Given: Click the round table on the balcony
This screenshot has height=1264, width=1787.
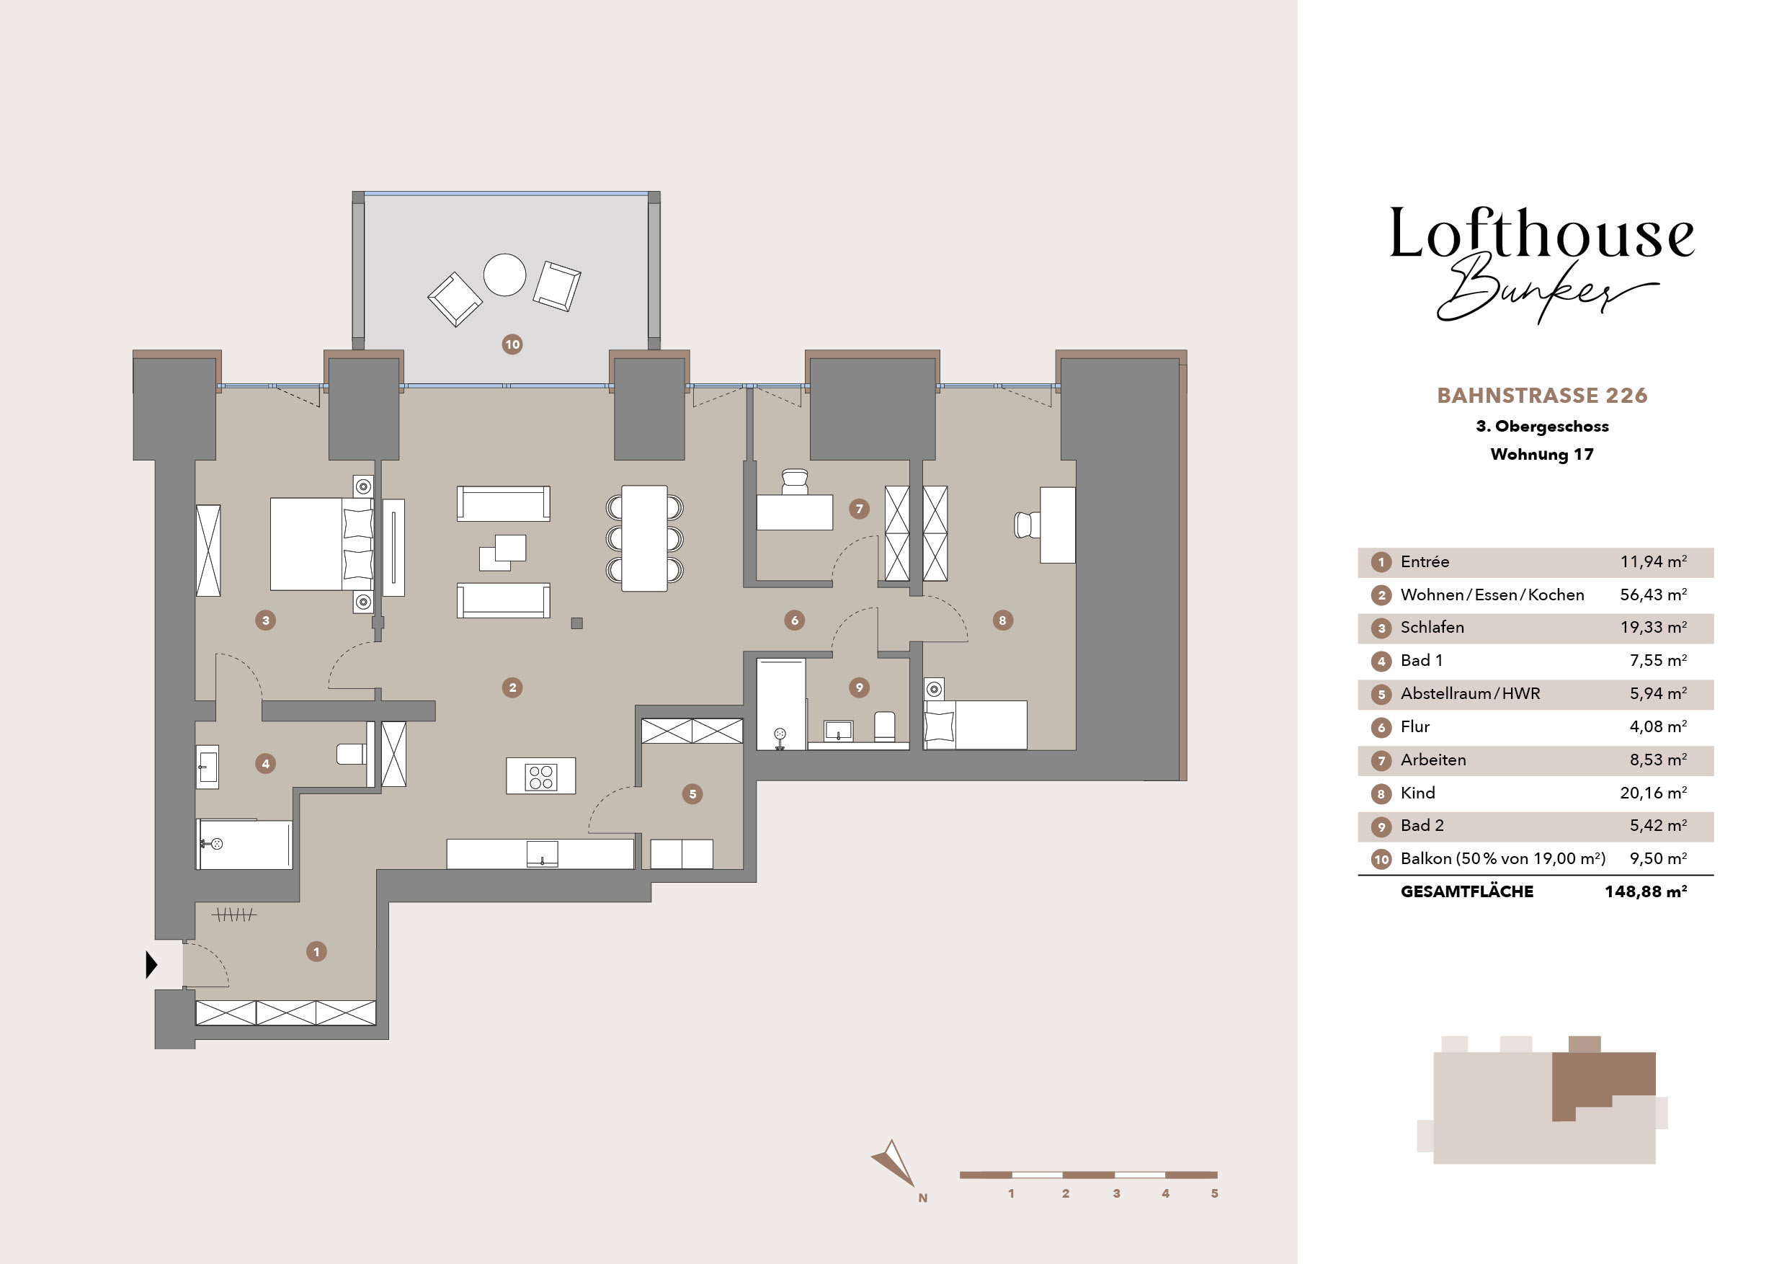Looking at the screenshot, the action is click(x=504, y=275).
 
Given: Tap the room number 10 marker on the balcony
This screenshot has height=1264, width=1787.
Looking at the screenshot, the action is click(x=512, y=344).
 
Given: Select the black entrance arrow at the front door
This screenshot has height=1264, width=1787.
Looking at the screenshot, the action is click(x=152, y=964).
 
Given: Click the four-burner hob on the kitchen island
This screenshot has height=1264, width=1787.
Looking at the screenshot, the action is click(x=541, y=776).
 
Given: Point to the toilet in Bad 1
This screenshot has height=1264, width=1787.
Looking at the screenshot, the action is click(x=352, y=753).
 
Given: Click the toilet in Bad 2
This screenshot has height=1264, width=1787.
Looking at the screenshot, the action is click(x=885, y=726).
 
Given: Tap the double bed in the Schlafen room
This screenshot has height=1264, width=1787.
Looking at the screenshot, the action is click(x=321, y=544).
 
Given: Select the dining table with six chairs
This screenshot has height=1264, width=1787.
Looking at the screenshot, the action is click(x=644, y=538).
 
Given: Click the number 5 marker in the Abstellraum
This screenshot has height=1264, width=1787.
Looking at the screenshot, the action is click(x=692, y=794).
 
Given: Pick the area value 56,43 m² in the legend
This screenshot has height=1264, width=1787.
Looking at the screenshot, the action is click(x=1653, y=595).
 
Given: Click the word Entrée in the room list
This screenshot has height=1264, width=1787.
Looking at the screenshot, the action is click(x=1425, y=562).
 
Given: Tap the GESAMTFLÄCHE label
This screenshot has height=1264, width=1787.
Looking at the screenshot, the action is click(x=1466, y=892).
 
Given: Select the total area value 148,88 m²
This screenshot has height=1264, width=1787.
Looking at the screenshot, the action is click(x=1645, y=892).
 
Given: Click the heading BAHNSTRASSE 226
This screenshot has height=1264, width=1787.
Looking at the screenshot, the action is click(x=1542, y=396).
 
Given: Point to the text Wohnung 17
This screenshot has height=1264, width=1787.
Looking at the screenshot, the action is click(x=1542, y=455).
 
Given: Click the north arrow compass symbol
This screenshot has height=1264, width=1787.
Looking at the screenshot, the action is click(x=895, y=1165).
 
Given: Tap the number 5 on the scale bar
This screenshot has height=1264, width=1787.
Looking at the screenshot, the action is click(x=1214, y=1193).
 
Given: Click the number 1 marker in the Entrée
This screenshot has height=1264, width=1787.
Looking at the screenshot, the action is click(x=316, y=951).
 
